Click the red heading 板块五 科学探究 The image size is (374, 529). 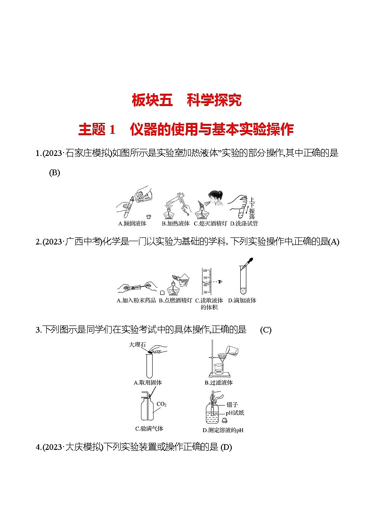pyautogui.click(x=187, y=100)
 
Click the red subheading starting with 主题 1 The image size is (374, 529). pyautogui.click(x=186, y=129)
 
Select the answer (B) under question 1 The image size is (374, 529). pyautogui.click(x=55, y=173)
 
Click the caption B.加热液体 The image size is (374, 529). pyautogui.click(x=176, y=223)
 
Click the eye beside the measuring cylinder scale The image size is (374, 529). pyautogui.click(x=219, y=281)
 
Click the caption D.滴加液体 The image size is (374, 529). pyautogui.click(x=242, y=301)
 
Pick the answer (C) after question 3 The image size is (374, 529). pyautogui.click(x=266, y=330)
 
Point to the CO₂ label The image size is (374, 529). pyautogui.click(x=162, y=404)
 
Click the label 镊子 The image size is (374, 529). pyautogui.click(x=231, y=404)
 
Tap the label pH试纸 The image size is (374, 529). pyautogui.click(x=235, y=413)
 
